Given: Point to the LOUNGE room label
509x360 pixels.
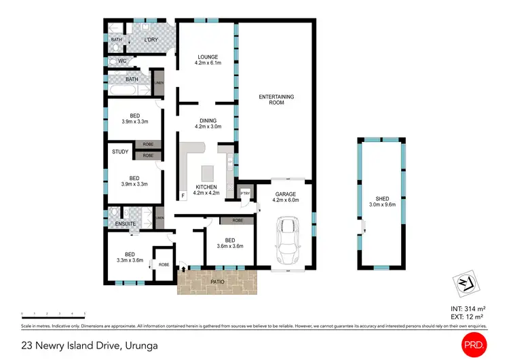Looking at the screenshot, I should tap(207, 57).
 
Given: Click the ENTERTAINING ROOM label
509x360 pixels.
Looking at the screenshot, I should tap(276, 101).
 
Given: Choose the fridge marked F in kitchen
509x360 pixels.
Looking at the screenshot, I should tap(183, 196).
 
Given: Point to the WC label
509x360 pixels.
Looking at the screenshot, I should tap(122, 61).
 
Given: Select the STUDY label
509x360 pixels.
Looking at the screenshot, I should tap(120, 151).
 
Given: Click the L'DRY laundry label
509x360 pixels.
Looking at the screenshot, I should tap(150, 40).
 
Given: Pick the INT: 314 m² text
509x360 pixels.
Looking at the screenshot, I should tap(464, 309).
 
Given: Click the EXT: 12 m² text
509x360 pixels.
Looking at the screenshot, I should tap(464, 317).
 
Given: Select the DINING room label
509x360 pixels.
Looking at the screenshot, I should tap(207, 120).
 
